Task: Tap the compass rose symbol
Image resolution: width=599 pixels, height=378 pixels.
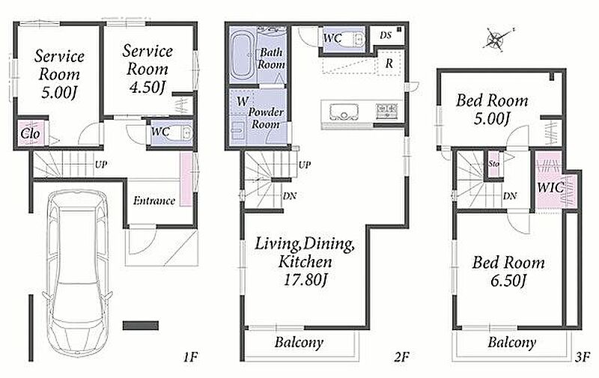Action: click(x=496, y=39)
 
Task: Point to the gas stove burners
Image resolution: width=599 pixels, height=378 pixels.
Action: click(x=387, y=111)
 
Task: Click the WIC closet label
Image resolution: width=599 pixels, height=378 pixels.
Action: click(x=550, y=187)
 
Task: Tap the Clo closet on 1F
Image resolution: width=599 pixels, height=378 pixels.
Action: click(x=30, y=134)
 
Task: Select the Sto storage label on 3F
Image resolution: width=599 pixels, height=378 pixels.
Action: click(x=493, y=163)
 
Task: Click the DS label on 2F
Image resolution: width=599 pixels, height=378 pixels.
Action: click(x=386, y=35)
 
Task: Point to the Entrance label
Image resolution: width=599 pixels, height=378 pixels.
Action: click(x=154, y=201)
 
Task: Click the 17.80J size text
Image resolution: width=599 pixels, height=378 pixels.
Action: click(x=305, y=280)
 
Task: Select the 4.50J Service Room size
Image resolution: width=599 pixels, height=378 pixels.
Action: click(x=147, y=88)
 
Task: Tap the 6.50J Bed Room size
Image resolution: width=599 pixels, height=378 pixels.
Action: click(x=508, y=281)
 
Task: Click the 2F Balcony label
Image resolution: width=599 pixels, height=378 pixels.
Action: click(x=299, y=343)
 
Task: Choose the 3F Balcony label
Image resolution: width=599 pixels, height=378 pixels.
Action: click(x=511, y=342)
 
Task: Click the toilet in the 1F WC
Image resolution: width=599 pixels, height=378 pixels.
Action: click(x=186, y=133)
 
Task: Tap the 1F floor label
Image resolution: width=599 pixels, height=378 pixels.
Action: click(x=190, y=357)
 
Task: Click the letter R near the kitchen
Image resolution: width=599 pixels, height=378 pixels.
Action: click(x=389, y=63)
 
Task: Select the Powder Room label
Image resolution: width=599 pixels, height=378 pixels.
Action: click(x=267, y=118)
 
